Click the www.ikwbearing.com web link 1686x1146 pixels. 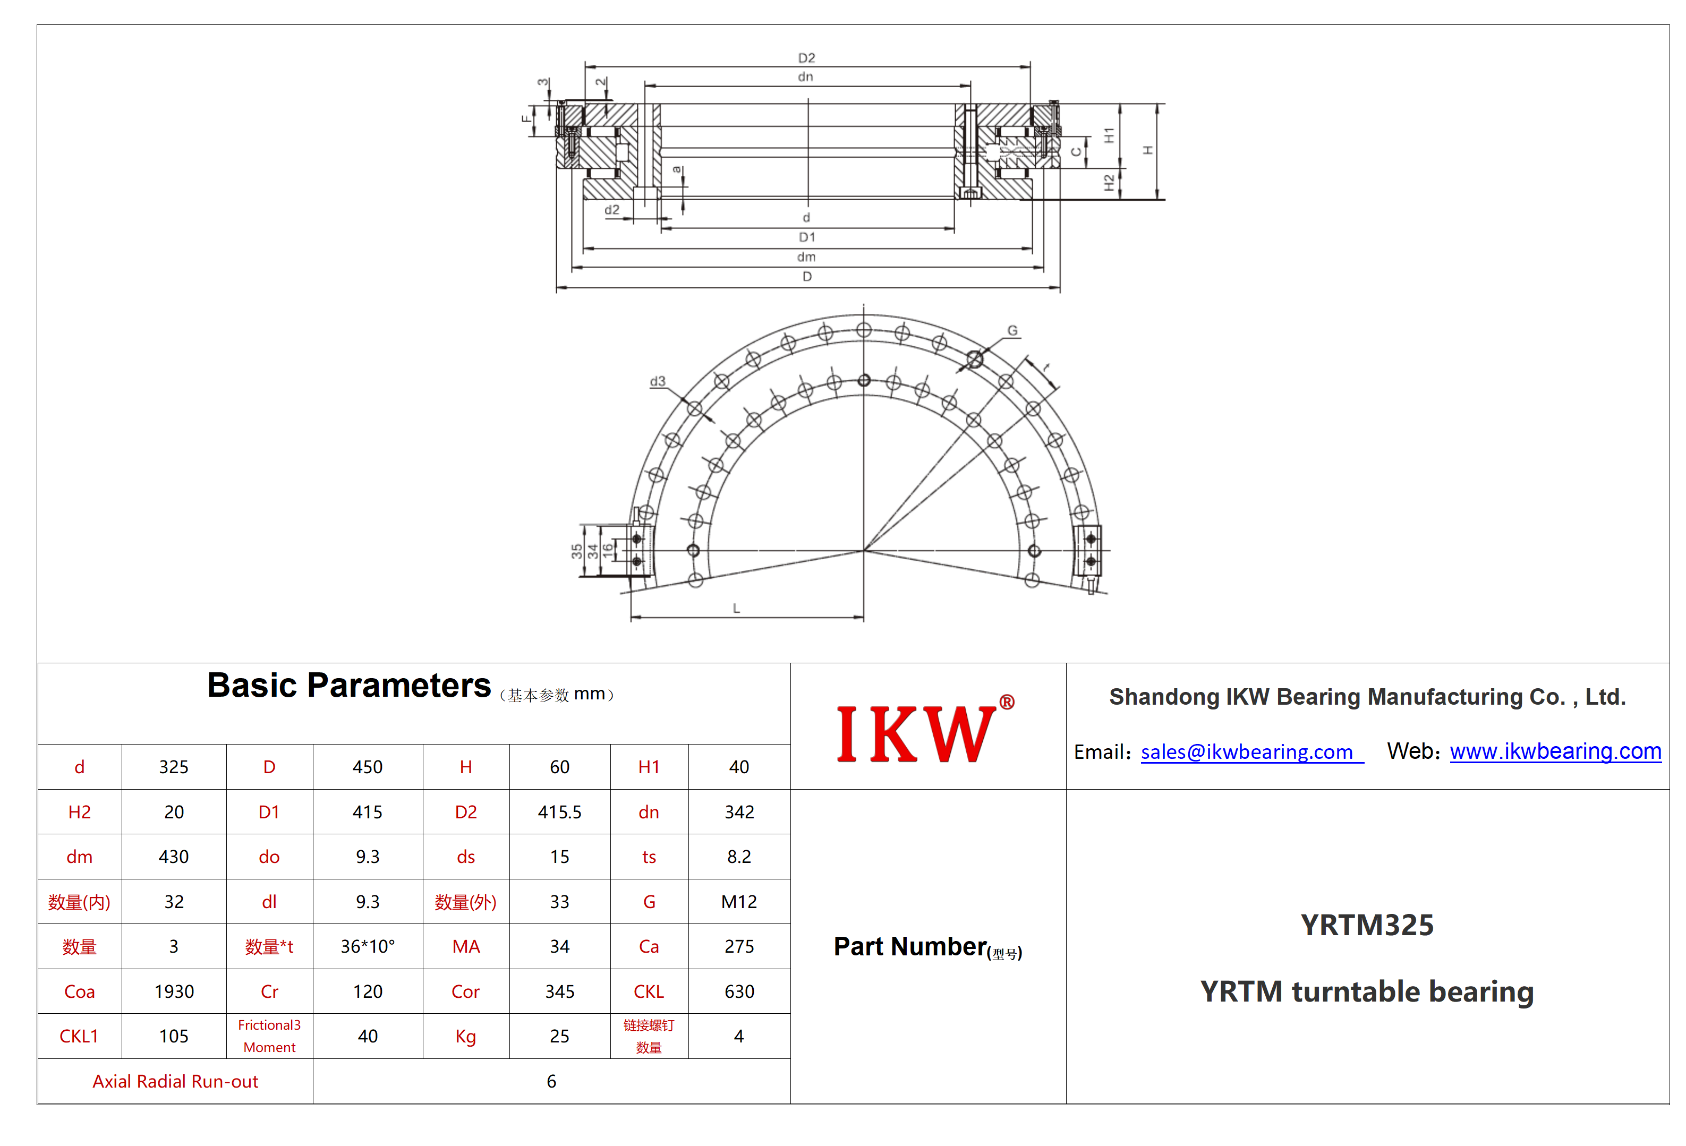click(1555, 751)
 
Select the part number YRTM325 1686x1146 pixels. click(1367, 926)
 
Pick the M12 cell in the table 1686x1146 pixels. click(738, 902)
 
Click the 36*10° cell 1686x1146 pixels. click(368, 946)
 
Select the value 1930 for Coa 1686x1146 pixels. click(174, 991)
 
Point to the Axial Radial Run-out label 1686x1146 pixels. click(176, 1081)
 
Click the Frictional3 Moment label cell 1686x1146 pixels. click(269, 1036)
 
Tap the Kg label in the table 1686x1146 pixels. click(466, 1037)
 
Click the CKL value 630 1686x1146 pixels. click(739, 991)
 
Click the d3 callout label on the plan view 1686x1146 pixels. click(657, 381)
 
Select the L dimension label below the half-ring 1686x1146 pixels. click(736, 609)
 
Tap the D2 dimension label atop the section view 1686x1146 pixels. click(807, 58)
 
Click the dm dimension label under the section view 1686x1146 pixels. click(806, 257)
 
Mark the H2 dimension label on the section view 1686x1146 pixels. click(1109, 183)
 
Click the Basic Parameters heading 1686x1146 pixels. click(349, 686)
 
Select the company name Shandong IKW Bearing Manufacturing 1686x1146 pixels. click(1367, 697)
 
